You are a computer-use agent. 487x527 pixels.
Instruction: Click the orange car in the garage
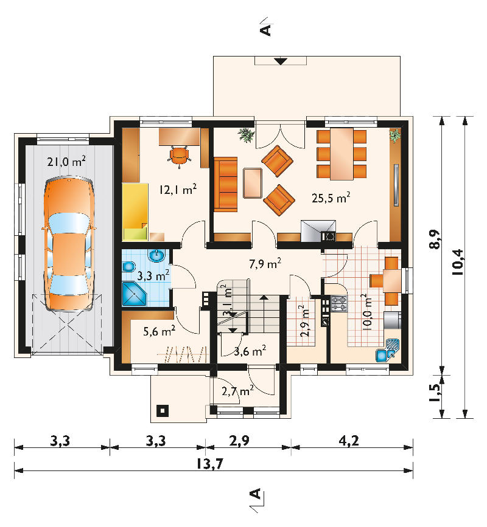pyautogui.click(x=69, y=244)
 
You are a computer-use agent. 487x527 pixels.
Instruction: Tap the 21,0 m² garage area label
pyautogui.click(x=66, y=161)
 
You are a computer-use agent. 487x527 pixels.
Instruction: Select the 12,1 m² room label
pyautogui.click(x=178, y=190)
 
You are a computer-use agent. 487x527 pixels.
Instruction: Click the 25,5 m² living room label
pyautogui.click(x=331, y=198)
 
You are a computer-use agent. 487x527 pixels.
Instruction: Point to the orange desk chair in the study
pyautogui.click(x=180, y=156)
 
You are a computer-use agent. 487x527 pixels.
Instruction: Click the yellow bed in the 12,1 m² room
pyautogui.click(x=135, y=212)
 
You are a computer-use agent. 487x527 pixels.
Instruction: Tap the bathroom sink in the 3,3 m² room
pyautogui.click(x=156, y=256)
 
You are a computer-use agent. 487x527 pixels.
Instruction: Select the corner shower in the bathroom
pyautogui.click(x=135, y=294)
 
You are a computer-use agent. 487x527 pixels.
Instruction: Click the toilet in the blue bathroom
pyautogui.click(x=128, y=267)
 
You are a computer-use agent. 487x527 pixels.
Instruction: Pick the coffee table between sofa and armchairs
pyautogui.click(x=253, y=183)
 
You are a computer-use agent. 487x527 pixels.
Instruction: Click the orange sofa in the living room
pyautogui.click(x=225, y=184)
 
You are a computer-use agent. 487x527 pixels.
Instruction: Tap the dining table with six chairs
pyautogui.click(x=342, y=154)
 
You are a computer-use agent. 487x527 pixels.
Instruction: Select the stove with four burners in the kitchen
pyautogui.click(x=339, y=303)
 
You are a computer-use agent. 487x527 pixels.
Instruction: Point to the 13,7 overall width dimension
pyautogui.click(x=209, y=464)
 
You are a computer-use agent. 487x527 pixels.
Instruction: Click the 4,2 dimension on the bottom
pyautogui.click(x=349, y=440)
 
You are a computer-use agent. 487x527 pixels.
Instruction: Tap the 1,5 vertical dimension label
pyautogui.click(x=435, y=393)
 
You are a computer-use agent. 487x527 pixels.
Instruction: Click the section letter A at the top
pyautogui.click(x=265, y=30)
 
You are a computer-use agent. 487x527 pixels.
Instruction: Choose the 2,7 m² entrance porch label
pyautogui.click(x=237, y=391)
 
